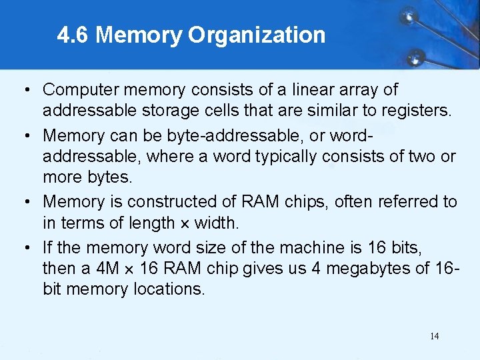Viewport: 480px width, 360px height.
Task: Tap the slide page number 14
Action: (x=434, y=336)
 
